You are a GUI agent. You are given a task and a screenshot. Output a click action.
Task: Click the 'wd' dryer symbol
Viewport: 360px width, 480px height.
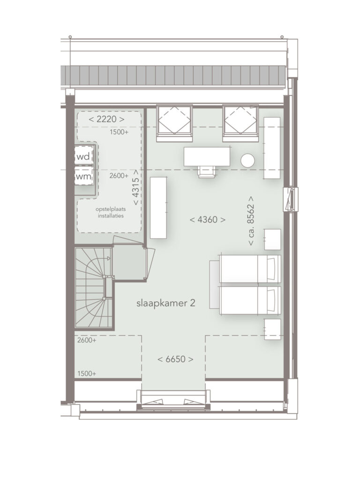[83, 157]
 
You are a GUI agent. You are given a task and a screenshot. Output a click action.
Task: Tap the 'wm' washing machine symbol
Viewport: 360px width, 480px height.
[83, 176]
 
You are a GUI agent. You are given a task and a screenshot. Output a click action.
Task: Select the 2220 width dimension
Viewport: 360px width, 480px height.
[106, 119]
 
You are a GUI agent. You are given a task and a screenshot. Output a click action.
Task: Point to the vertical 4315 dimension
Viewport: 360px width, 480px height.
[136, 187]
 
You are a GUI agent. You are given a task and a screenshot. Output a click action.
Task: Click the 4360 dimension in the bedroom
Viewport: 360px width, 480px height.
[208, 219]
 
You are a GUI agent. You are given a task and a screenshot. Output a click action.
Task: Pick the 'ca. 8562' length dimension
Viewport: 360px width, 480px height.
[252, 220]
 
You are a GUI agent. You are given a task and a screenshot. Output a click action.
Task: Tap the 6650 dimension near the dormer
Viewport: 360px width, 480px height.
[175, 359]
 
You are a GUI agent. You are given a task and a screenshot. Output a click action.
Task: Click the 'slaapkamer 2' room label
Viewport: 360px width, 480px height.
[165, 303]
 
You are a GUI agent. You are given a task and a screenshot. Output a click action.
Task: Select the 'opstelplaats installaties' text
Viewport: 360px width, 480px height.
[111, 213]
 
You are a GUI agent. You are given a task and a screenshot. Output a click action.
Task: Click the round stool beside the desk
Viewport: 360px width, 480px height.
[247, 160]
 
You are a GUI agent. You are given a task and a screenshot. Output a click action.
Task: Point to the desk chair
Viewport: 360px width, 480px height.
[207, 171]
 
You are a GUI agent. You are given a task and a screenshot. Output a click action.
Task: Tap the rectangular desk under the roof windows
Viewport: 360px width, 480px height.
[207, 157]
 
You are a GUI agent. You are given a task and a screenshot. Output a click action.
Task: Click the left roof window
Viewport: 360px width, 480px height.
[174, 123]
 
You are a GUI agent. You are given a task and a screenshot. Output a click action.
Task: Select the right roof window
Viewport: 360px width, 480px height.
[240, 123]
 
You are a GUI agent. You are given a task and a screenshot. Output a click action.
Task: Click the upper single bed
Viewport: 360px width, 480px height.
[250, 269]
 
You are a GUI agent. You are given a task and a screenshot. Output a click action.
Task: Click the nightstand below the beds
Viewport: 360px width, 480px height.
[272, 329]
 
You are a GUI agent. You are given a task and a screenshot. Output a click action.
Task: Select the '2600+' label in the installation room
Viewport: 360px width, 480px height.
[119, 176]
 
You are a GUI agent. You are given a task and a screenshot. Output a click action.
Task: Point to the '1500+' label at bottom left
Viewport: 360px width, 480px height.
[87, 374]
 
